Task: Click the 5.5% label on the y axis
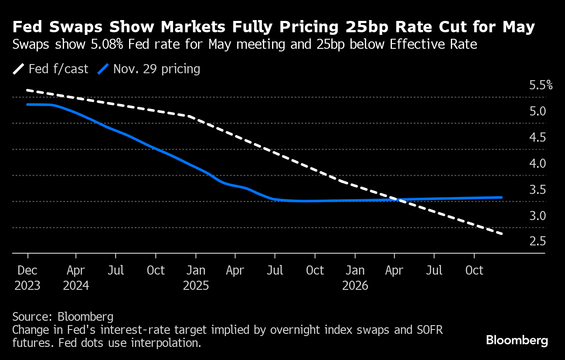click(541, 85)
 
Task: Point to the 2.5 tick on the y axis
click(538, 241)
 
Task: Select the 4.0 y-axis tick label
click(538, 163)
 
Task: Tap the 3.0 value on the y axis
click(538, 215)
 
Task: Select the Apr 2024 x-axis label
click(76, 278)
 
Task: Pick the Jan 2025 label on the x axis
click(196, 278)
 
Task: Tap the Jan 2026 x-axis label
click(355, 278)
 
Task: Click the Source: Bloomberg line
click(63, 316)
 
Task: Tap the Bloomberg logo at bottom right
click(517, 340)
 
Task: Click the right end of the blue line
click(501, 197)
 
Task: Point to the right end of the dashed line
click(502, 234)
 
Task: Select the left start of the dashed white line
click(27, 90)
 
